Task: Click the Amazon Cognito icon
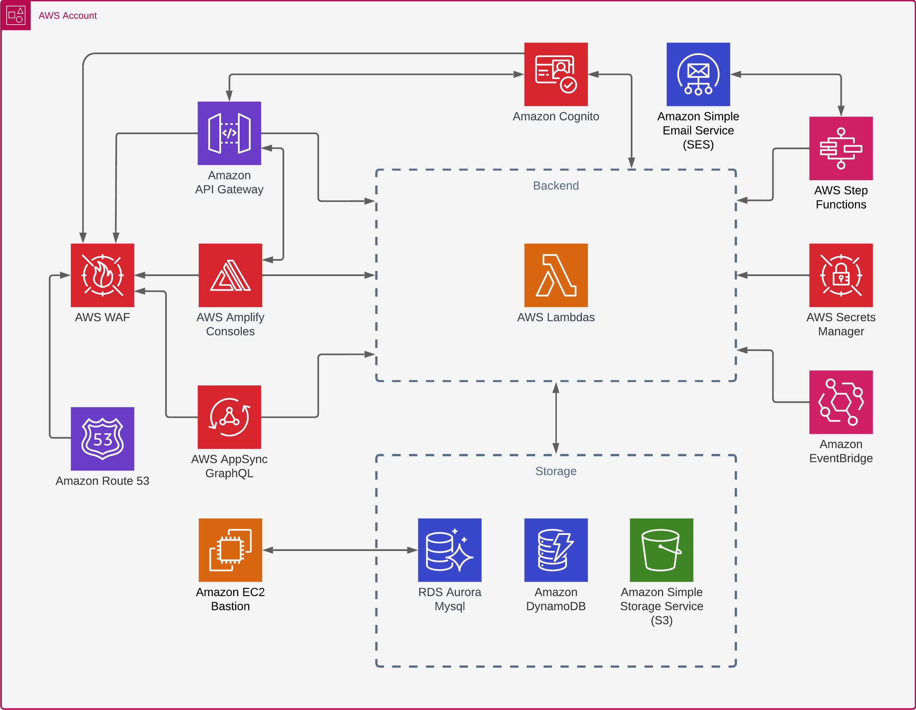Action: tap(556, 74)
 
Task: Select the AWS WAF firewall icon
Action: tap(102, 275)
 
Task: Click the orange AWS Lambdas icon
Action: tap(556, 275)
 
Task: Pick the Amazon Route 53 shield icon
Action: tap(102, 439)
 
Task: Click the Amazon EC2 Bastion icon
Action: tap(230, 550)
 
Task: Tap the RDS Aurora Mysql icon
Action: tap(450, 550)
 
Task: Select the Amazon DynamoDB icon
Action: tap(556, 550)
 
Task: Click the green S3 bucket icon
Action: tap(661, 550)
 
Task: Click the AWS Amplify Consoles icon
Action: tap(230, 275)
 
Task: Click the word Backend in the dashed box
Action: tap(556, 186)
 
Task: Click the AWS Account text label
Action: tap(68, 16)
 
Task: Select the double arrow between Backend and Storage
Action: tap(556, 418)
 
